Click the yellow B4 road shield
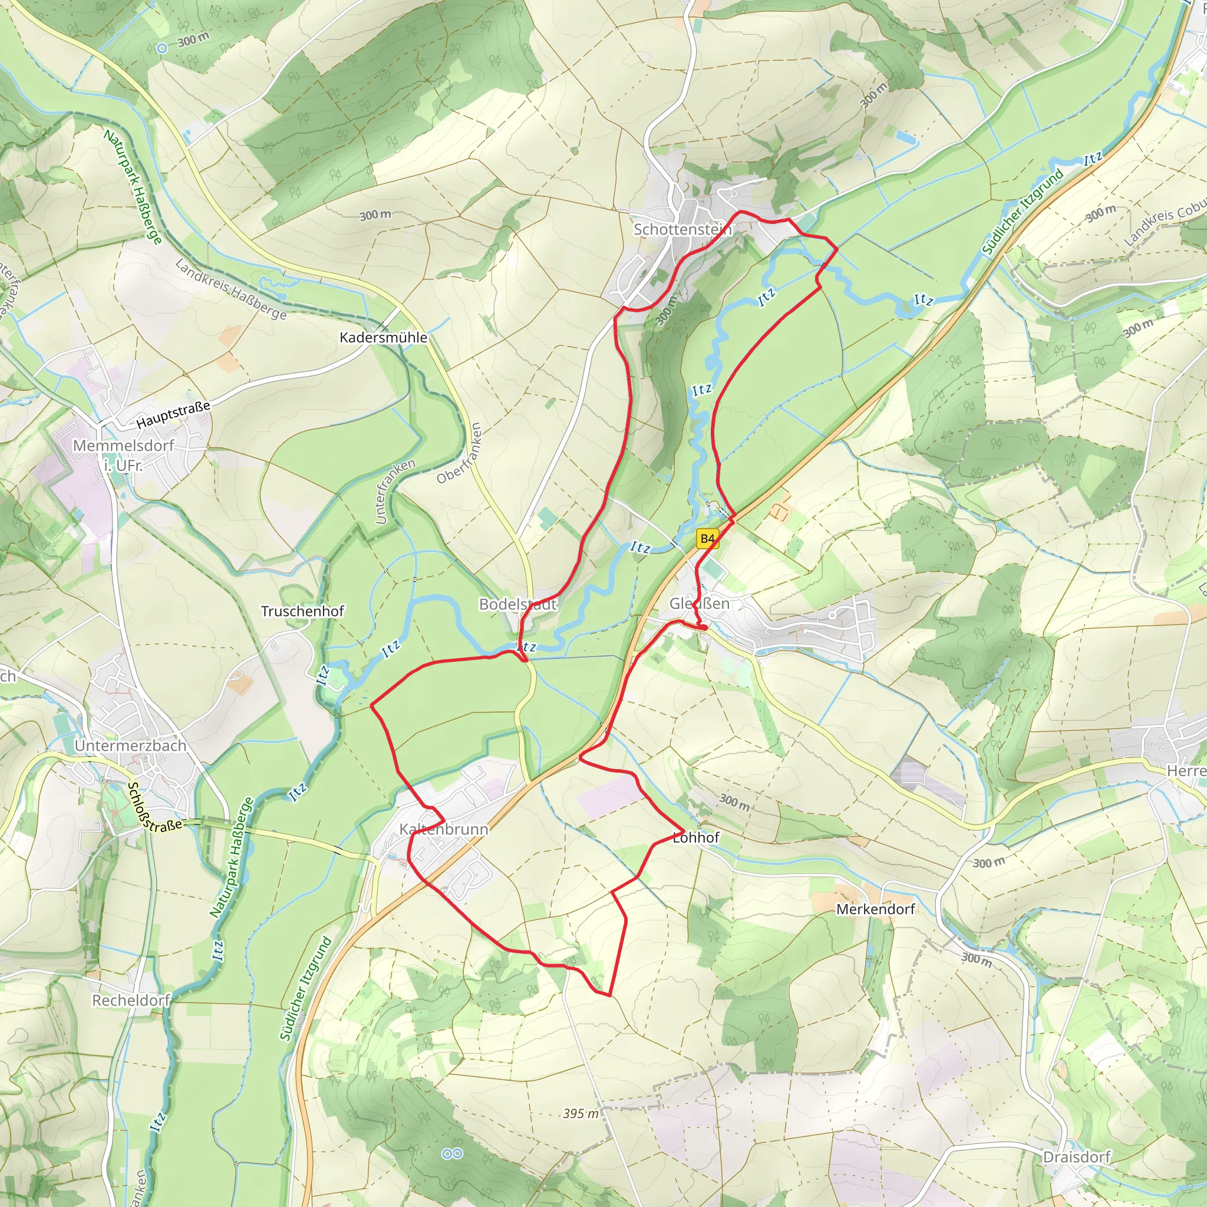pyautogui.click(x=707, y=539)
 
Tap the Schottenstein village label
pyautogui.click(x=682, y=229)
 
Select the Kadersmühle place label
pyautogui.click(x=384, y=337)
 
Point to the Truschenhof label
pyautogui.click(x=302, y=611)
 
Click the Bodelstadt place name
pyautogui.click(x=517, y=604)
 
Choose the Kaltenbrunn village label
pyautogui.click(x=444, y=829)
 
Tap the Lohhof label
pyautogui.click(x=696, y=837)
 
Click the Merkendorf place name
pyautogui.click(x=875, y=909)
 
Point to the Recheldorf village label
pyautogui.click(x=131, y=1000)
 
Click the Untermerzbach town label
pyautogui.click(x=131, y=746)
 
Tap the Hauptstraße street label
pyautogui.click(x=173, y=415)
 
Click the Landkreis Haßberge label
pyautogui.click(x=230, y=289)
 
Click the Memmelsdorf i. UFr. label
pyautogui.click(x=123, y=455)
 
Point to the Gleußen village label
pyautogui.click(x=699, y=603)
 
